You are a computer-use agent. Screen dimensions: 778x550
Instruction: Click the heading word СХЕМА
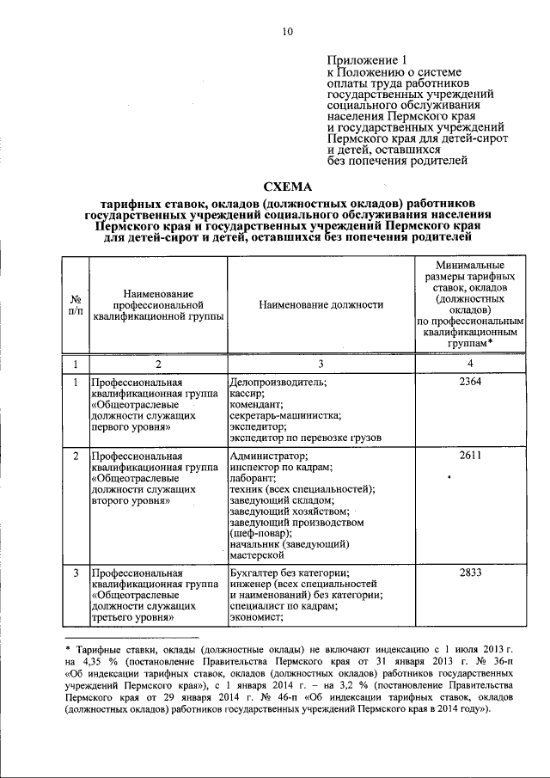[288, 187]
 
